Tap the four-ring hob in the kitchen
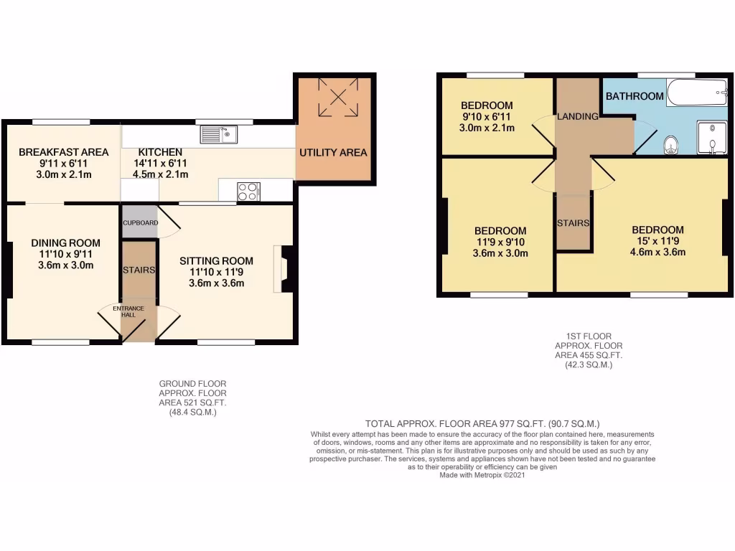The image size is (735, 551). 248,192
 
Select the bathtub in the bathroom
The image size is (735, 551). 696,93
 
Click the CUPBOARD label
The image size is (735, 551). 140,222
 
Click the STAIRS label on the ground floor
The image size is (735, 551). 139,270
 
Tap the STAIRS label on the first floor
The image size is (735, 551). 573,223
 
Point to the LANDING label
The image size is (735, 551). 578,116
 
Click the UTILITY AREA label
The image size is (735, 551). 333,152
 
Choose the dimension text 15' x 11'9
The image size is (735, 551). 657,241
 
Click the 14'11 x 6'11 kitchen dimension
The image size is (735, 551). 160,163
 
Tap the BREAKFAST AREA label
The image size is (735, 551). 63,152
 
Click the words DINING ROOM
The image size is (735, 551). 65,243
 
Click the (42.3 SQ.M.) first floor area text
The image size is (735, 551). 588,364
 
